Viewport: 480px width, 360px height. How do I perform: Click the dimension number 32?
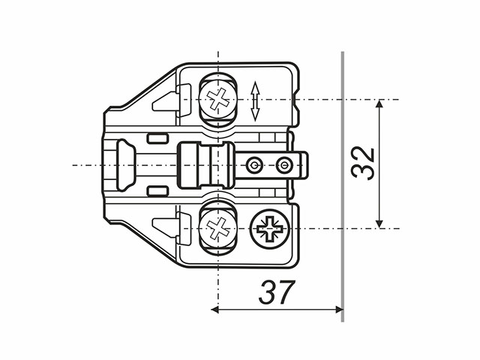point(363,163)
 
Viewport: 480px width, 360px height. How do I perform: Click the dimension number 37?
point(277,292)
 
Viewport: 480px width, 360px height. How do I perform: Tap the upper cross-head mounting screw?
point(218,98)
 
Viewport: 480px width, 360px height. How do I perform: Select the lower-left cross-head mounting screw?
point(218,228)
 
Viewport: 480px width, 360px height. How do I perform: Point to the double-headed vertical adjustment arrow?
point(255,101)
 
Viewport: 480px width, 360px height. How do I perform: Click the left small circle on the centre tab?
point(254,165)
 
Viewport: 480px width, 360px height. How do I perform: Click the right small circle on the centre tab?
point(284,165)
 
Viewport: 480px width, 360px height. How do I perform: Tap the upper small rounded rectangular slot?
point(157,138)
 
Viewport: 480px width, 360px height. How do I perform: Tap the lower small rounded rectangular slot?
point(157,191)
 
